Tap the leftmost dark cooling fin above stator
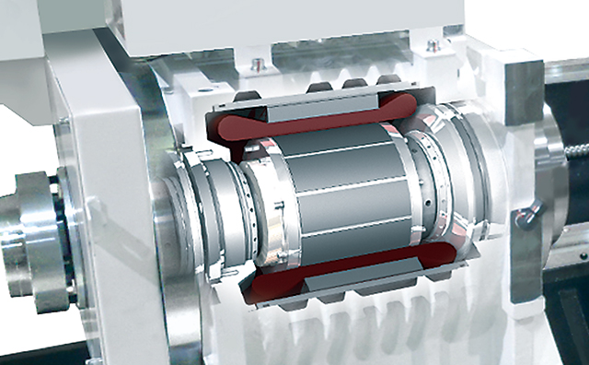point(244,96)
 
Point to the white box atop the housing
point(304,23)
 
